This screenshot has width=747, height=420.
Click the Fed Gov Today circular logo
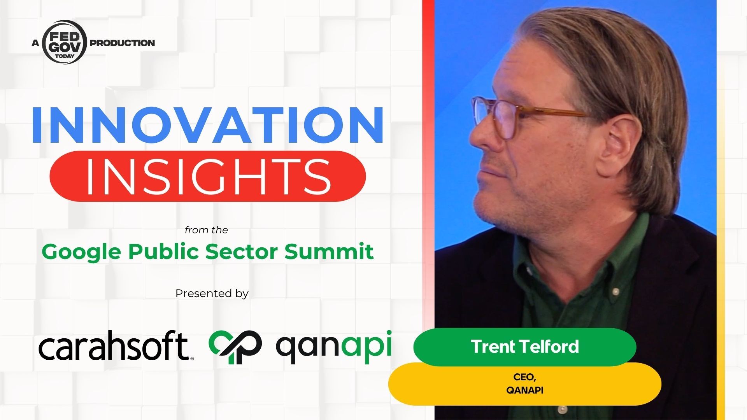click(x=65, y=42)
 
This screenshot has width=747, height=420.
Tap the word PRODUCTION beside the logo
click(x=122, y=43)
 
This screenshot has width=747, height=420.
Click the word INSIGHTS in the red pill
click(x=208, y=176)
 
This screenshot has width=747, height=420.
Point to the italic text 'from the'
click(x=206, y=230)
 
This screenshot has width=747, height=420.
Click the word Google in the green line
click(x=82, y=252)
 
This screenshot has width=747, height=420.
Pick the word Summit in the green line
click(x=329, y=251)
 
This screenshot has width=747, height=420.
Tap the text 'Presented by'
click(x=212, y=293)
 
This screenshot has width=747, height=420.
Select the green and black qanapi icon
click(x=235, y=347)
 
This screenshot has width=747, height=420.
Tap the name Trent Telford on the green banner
click(x=525, y=346)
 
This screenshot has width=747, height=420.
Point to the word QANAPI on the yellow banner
click(x=524, y=390)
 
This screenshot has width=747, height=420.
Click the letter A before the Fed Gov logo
click(x=35, y=43)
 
